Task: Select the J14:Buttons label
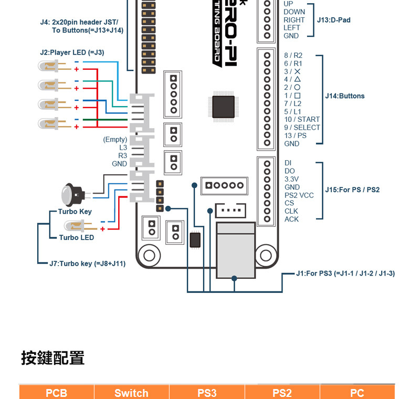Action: (344, 96)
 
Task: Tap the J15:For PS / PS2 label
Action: (352, 190)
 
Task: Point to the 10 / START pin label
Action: (302, 120)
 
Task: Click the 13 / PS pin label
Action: (295, 135)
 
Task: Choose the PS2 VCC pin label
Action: (299, 195)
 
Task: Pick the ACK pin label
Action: (291, 219)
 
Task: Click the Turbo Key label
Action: (75, 212)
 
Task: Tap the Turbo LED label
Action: (77, 237)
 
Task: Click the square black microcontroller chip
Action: (223, 107)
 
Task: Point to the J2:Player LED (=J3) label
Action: (72, 52)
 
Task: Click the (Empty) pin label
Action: (115, 140)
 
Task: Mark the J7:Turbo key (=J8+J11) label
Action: (87, 264)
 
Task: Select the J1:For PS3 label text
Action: (345, 274)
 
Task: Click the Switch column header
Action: (131, 393)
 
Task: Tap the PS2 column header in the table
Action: (282, 393)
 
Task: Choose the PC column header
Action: (357, 393)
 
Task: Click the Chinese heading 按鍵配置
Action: (52, 358)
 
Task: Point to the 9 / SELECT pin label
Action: (302, 128)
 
